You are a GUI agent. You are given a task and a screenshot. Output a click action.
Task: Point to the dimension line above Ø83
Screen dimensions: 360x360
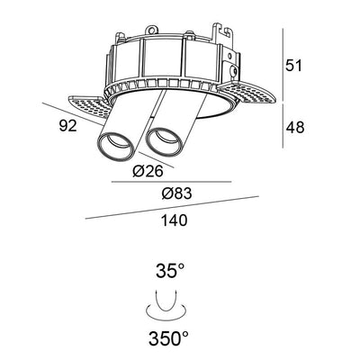point(171,184)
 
